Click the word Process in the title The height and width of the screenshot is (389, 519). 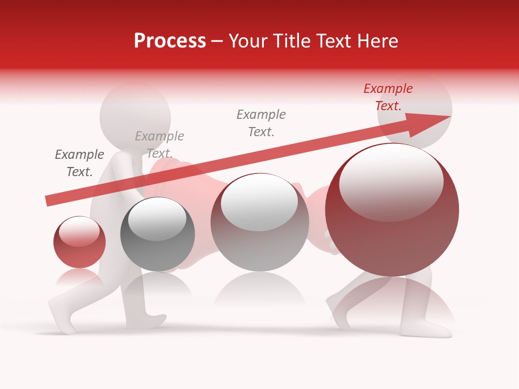pyautogui.click(x=170, y=41)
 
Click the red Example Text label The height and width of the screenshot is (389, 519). pyautogui.click(x=388, y=97)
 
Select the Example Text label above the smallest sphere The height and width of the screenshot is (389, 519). pyautogui.click(x=79, y=163)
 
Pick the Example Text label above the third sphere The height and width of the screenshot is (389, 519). pyautogui.click(x=261, y=123)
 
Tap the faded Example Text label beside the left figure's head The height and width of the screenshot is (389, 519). pyautogui.click(x=159, y=144)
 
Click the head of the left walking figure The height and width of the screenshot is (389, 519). pyautogui.click(x=135, y=116)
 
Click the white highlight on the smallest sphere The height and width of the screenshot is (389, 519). pyautogui.click(x=79, y=231)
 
